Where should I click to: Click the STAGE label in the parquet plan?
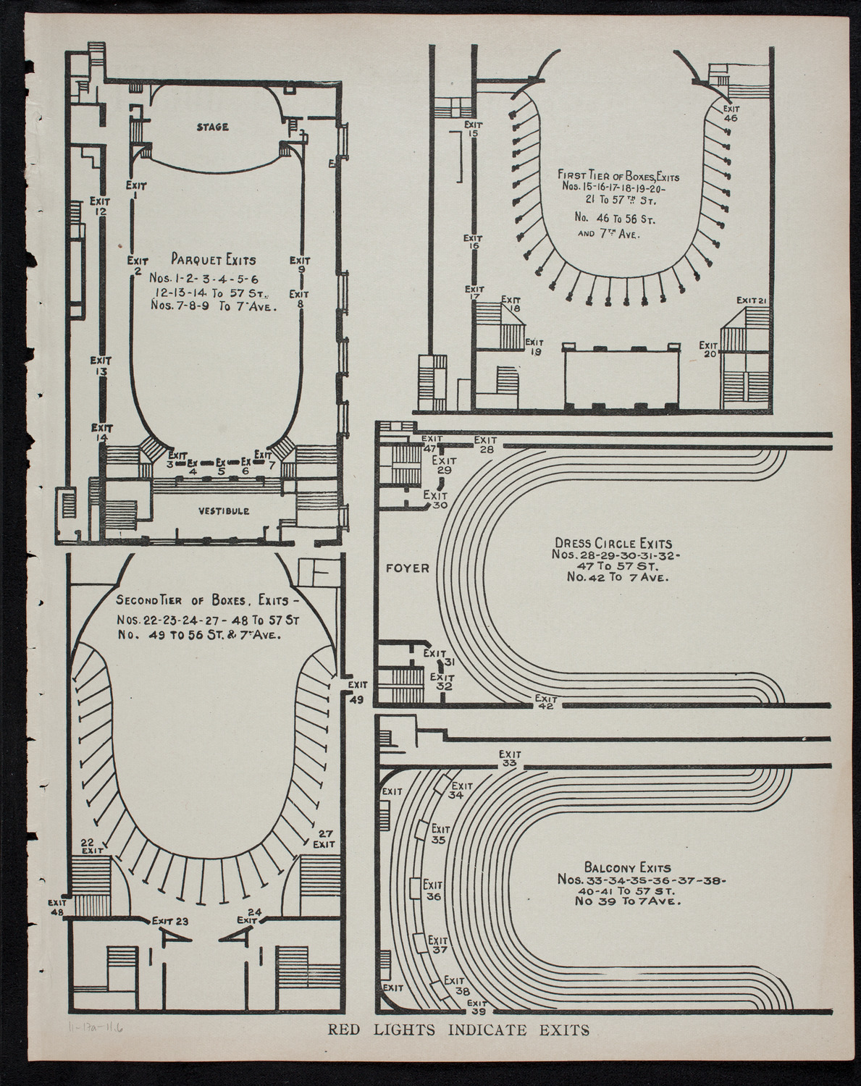point(212,127)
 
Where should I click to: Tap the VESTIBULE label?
point(223,511)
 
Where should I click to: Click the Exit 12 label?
point(100,206)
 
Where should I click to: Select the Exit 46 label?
point(730,112)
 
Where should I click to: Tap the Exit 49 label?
point(356,691)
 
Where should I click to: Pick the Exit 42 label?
point(545,702)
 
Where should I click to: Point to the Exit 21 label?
point(752,300)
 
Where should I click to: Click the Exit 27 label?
point(323,838)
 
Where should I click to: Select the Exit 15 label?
point(474,128)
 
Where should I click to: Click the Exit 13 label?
point(100,366)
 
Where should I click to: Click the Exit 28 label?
point(484,444)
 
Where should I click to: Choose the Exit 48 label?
point(56,908)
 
